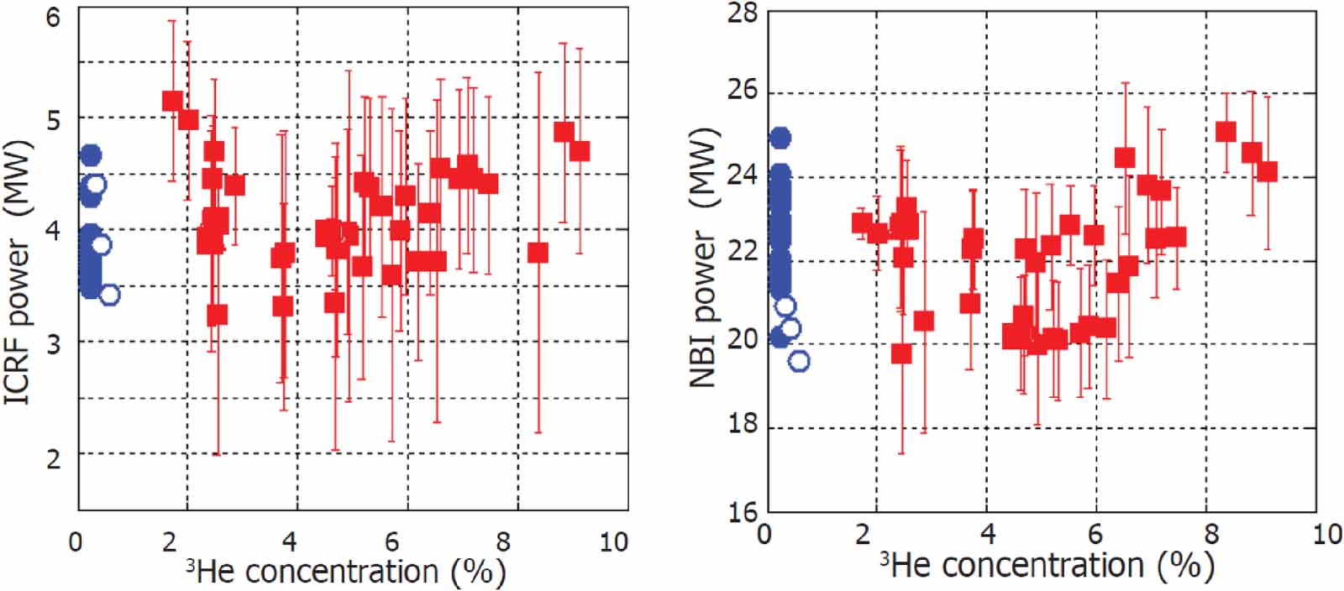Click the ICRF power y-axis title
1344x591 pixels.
tap(18, 273)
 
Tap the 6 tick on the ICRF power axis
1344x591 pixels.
tap(53, 16)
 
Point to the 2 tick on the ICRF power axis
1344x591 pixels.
tap(53, 458)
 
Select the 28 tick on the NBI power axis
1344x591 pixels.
tap(742, 13)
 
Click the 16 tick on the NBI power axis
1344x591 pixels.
tap(742, 511)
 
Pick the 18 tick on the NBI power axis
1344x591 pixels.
tap(742, 426)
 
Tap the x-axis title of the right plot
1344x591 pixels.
tap(1047, 566)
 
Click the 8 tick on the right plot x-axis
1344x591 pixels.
tap(1210, 534)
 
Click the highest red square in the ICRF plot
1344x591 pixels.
tap(172, 101)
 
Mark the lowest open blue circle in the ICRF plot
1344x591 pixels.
tap(109, 294)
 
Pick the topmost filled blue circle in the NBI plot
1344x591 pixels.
tap(780, 138)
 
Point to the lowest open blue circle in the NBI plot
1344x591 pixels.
tap(800, 361)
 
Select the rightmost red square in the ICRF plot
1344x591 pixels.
tap(580, 151)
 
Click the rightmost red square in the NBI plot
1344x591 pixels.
tap(1267, 171)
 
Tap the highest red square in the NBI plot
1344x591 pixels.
tap(1226, 132)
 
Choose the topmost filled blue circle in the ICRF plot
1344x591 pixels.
tap(91, 155)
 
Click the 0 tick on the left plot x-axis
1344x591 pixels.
tap(77, 541)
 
